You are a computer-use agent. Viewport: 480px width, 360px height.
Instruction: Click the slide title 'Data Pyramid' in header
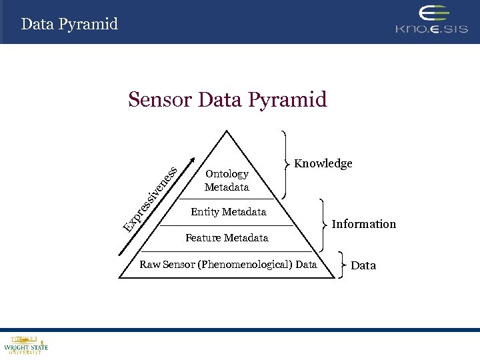pos(69,25)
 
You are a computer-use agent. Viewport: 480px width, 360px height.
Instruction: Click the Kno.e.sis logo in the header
pos(431,21)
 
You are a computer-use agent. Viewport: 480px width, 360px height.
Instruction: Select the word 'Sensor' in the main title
pos(160,99)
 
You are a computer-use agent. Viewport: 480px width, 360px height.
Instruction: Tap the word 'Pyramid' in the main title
pos(287,100)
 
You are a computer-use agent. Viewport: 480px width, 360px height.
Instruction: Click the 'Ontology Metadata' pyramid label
pos(227,181)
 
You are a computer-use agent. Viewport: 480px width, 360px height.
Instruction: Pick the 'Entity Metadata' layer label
pos(228,212)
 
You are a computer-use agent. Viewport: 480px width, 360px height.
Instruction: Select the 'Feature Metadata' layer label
pos(227,238)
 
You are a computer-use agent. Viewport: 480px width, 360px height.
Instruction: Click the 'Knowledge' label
pos(323,164)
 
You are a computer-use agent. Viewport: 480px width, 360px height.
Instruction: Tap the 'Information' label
pos(363,224)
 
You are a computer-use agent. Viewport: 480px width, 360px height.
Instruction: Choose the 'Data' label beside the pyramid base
pos(363,265)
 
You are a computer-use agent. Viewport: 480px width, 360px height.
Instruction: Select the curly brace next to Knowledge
pos(287,164)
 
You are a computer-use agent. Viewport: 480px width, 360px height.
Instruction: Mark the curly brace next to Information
pos(324,223)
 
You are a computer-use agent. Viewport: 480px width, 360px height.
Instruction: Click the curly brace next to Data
pos(342,265)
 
